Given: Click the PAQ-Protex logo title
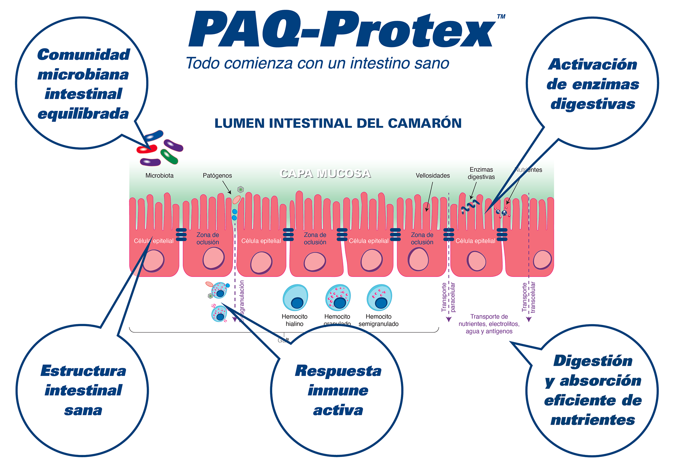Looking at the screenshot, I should pyautogui.click(x=342, y=30).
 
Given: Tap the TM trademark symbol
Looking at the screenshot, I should pyautogui.click(x=501, y=16).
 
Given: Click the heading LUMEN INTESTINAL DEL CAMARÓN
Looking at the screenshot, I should pyautogui.click(x=338, y=123).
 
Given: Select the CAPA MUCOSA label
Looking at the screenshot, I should pyautogui.click(x=325, y=173).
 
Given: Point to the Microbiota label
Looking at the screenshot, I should pyautogui.click(x=160, y=175).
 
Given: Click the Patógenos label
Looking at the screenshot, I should pyautogui.click(x=217, y=175).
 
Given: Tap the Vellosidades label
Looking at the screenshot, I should pyautogui.click(x=433, y=175).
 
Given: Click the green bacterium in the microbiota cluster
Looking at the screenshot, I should pyautogui.click(x=169, y=156).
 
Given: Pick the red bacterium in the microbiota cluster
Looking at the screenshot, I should pyautogui.click(x=147, y=149).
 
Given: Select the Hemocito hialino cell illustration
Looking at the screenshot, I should pyautogui.click(x=295, y=297).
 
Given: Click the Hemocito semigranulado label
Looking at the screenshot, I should pyautogui.click(x=379, y=320).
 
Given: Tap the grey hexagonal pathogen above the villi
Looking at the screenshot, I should pyautogui.click(x=240, y=189).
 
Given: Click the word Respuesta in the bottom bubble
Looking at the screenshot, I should pyautogui.click(x=338, y=371).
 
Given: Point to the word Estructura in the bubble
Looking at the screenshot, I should pyautogui.click(x=83, y=371).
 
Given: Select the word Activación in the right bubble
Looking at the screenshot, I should pyautogui.click(x=593, y=64).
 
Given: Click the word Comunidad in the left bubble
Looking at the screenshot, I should pyautogui.click(x=83, y=54).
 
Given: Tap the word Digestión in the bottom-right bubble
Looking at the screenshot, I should pyautogui.click(x=593, y=361).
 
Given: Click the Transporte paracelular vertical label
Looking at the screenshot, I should pyautogui.click(x=448, y=297).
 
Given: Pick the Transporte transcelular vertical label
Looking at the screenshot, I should pyautogui.click(x=529, y=297).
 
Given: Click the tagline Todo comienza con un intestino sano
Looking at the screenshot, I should pyautogui.click(x=317, y=63).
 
